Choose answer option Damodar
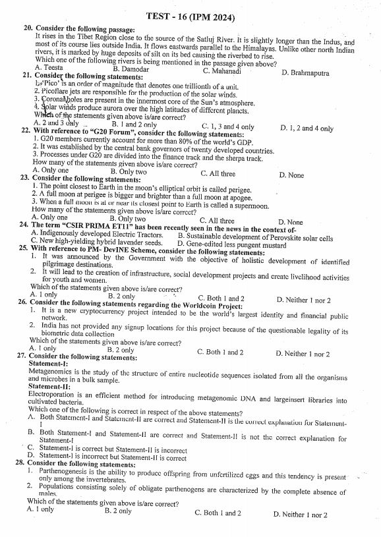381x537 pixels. (x=132, y=69)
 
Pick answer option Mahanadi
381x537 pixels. (x=221, y=71)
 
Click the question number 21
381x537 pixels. (x=27, y=77)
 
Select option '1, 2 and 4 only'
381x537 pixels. (x=307, y=128)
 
